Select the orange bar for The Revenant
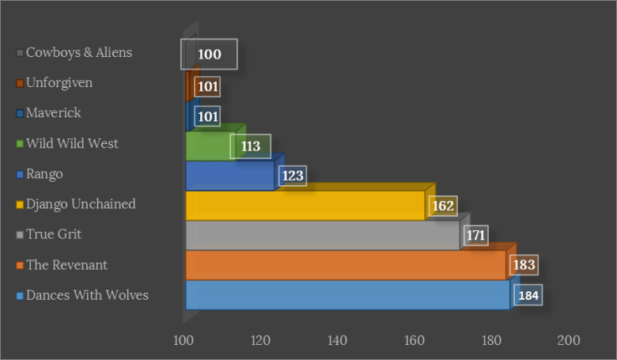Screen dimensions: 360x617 coord(345,266)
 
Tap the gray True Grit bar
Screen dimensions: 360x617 coord(322,236)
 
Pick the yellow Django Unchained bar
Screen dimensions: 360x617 coord(305,206)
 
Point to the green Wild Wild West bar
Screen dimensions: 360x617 coord(207,146)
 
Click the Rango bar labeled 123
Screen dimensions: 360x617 coord(229,176)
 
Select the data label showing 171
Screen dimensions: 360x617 coord(475,236)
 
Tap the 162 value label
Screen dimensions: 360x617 coord(442,206)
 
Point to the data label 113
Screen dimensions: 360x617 coord(250,146)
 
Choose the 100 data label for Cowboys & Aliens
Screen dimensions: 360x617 coord(209,55)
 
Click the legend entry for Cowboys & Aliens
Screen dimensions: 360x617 coord(78,53)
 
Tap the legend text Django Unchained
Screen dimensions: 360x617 coord(81,204)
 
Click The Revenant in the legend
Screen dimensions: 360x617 coord(66,265)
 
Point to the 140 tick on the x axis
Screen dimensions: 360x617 coord(338,340)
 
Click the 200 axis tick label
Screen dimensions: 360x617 coord(568,340)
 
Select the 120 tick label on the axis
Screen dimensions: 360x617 coord(261,340)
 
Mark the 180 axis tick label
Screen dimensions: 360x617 coord(491,340)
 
